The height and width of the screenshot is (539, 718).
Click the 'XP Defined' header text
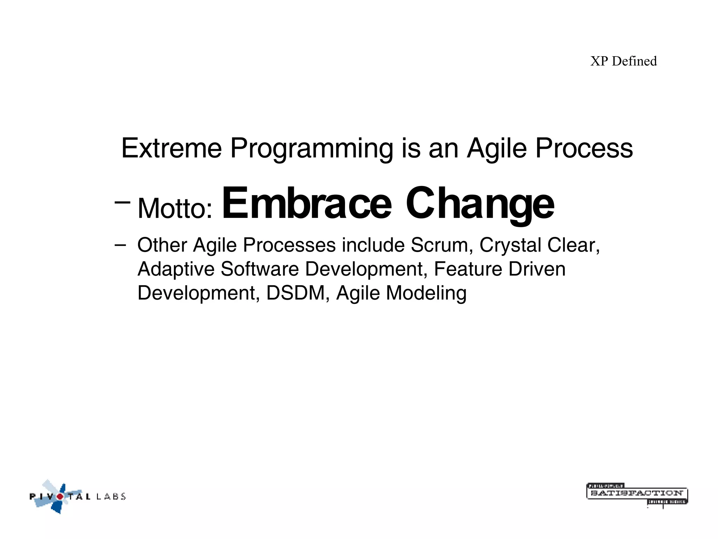tap(623, 61)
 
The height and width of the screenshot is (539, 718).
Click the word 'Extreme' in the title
tap(171, 148)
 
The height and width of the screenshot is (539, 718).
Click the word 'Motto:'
tap(175, 208)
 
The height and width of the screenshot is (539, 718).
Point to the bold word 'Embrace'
tap(307, 204)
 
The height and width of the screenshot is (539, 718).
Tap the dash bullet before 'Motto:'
tap(122, 202)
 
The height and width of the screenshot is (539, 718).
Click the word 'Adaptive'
tap(176, 269)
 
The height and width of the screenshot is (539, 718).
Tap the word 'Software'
tap(259, 269)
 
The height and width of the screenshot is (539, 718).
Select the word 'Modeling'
tap(426, 294)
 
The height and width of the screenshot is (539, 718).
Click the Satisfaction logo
tap(637, 494)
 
